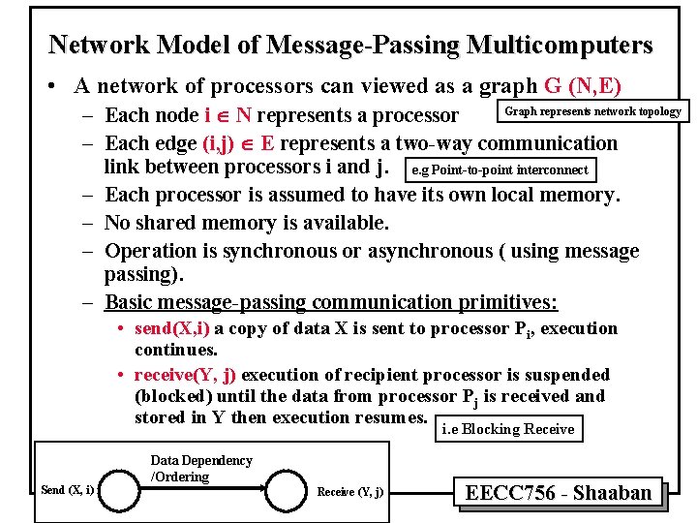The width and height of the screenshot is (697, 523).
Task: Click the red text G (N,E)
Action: coord(583,85)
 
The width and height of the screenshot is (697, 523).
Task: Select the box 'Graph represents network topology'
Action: coord(592,111)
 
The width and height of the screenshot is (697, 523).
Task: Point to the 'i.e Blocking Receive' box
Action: coord(508,429)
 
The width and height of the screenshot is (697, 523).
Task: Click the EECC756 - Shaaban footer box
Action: coord(559,493)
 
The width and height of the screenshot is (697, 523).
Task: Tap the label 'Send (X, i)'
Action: coord(67,490)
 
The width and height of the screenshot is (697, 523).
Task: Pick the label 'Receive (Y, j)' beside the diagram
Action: coord(349,492)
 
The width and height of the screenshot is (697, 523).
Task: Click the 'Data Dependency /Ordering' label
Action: coord(200,468)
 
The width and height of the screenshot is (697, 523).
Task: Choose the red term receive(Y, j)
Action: coord(185,375)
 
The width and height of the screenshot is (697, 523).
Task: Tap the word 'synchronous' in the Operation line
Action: coord(276,251)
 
